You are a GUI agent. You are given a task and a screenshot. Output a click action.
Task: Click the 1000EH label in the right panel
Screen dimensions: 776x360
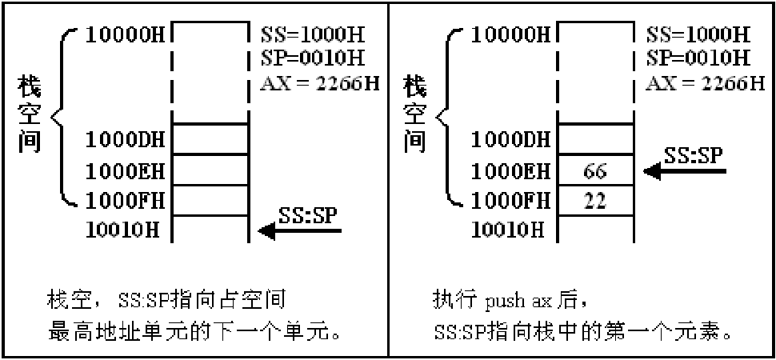pos(508,170)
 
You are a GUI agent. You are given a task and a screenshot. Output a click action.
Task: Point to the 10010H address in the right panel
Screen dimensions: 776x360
pos(508,230)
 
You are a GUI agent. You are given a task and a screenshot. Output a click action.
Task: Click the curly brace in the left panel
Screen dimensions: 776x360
pos(66,117)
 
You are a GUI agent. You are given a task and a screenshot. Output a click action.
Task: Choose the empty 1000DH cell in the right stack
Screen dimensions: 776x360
pos(593,140)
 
